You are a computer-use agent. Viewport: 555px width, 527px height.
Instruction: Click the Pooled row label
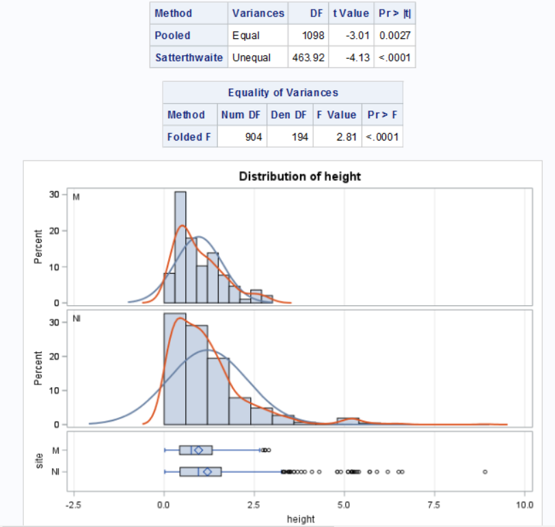[x=173, y=35]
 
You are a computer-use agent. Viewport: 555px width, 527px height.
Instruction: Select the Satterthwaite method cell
[x=189, y=57]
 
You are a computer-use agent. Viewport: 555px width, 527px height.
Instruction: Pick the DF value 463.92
[x=308, y=57]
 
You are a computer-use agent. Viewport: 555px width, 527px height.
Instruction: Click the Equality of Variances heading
[x=282, y=92]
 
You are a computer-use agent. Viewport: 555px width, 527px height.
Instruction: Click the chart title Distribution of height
[x=299, y=176]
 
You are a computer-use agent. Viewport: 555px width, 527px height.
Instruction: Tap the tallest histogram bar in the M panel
[x=180, y=246]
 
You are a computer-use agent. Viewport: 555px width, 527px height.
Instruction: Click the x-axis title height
[x=301, y=519]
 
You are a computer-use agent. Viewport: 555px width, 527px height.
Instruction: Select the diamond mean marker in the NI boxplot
[x=208, y=472]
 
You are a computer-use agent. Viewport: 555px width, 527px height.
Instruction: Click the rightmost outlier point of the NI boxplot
[x=485, y=472]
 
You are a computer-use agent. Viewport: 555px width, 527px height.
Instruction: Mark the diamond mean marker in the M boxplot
[x=198, y=450]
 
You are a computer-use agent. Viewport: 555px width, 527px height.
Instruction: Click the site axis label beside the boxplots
[x=40, y=461]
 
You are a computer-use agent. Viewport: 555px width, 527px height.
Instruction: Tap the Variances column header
[x=258, y=13]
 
